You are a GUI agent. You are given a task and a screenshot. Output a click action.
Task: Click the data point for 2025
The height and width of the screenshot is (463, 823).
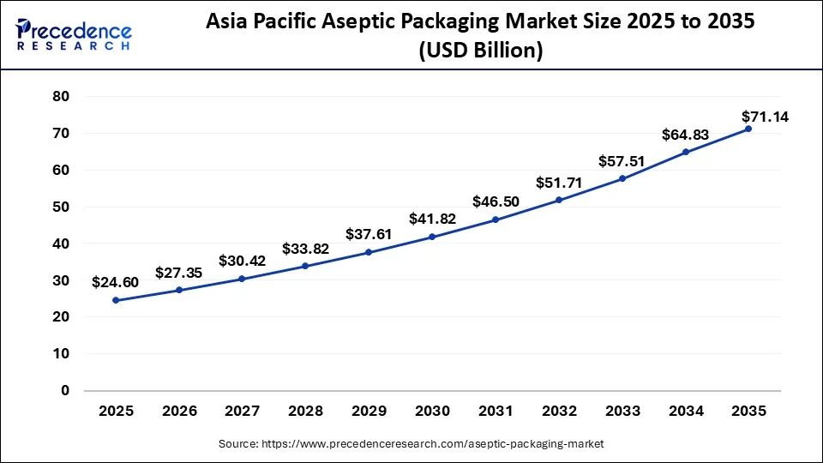click(x=116, y=300)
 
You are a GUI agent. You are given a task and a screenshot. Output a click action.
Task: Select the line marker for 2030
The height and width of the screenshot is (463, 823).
click(x=432, y=237)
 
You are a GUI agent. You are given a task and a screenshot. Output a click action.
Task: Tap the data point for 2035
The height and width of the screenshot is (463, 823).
click(x=748, y=129)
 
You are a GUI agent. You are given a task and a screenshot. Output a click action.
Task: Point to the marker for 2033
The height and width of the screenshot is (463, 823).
click(x=622, y=178)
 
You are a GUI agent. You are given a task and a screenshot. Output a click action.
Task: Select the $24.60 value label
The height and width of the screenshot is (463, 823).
click(x=115, y=282)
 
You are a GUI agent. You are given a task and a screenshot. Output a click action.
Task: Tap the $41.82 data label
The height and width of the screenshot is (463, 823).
click(x=431, y=219)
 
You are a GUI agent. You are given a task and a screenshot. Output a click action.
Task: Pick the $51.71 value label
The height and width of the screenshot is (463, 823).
click(x=558, y=183)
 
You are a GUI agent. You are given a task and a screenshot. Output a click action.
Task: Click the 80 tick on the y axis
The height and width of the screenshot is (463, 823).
click(x=59, y=97)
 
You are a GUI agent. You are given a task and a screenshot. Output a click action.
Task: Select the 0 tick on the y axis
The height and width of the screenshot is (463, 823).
click(x=63, y=391)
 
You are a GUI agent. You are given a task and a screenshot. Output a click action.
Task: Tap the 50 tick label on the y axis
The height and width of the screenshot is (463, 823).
click(x=59, y=207)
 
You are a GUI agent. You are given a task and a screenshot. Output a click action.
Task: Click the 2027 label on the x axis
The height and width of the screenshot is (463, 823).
click(x=243, y=412)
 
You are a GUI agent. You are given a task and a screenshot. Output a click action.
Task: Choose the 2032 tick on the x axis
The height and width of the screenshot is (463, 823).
click(x=559, y=412)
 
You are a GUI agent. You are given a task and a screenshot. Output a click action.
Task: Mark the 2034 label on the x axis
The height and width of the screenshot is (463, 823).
click(x=685, y=412)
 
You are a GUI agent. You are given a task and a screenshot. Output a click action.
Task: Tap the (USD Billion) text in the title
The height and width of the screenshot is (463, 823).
click(x=480, y=51)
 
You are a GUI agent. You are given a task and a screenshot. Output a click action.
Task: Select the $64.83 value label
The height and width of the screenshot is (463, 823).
click(x=685, y=135)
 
